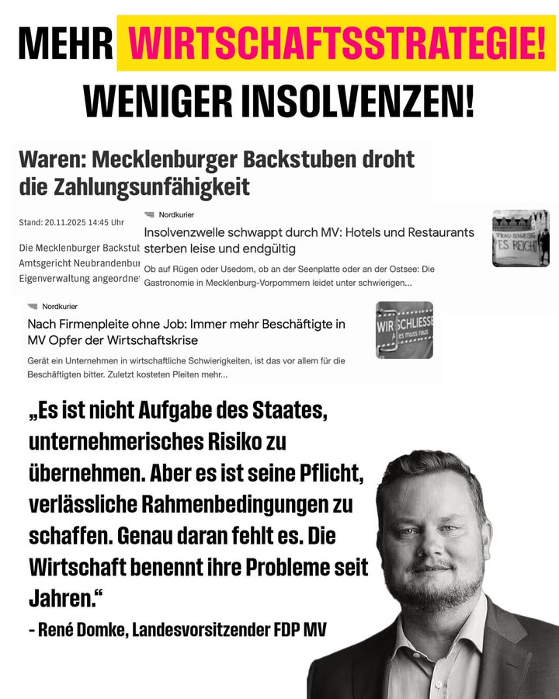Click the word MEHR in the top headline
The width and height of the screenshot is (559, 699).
[65, 43]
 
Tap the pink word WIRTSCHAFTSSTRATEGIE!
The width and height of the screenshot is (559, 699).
[336, 43]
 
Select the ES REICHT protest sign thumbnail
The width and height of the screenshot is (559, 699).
[520, 238]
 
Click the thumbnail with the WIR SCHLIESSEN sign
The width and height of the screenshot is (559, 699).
[404, 329]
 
